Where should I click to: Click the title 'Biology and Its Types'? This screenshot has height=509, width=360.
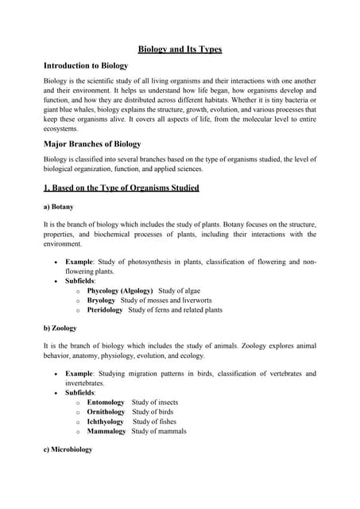click(x=180, y=49)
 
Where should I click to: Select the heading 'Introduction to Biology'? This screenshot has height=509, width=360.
click(x=86, y=65)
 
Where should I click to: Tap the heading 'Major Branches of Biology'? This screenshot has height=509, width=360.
click(x=91, y=144)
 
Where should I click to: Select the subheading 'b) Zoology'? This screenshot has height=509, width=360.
click(x=60, y=327)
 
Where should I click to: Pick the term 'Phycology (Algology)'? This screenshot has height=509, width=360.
click(x=119, y=291)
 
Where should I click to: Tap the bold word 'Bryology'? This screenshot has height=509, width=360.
click(x=101, y=301)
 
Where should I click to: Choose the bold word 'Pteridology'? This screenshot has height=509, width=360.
click(x=105, y=310)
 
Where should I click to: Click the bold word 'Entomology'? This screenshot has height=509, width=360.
click(x=106, y=403)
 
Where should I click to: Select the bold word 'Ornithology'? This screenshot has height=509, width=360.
click(x=106, y=413)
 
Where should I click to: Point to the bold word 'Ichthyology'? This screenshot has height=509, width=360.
click(x=105, y=422)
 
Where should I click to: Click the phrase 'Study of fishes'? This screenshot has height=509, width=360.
click(x=157, y=422)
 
